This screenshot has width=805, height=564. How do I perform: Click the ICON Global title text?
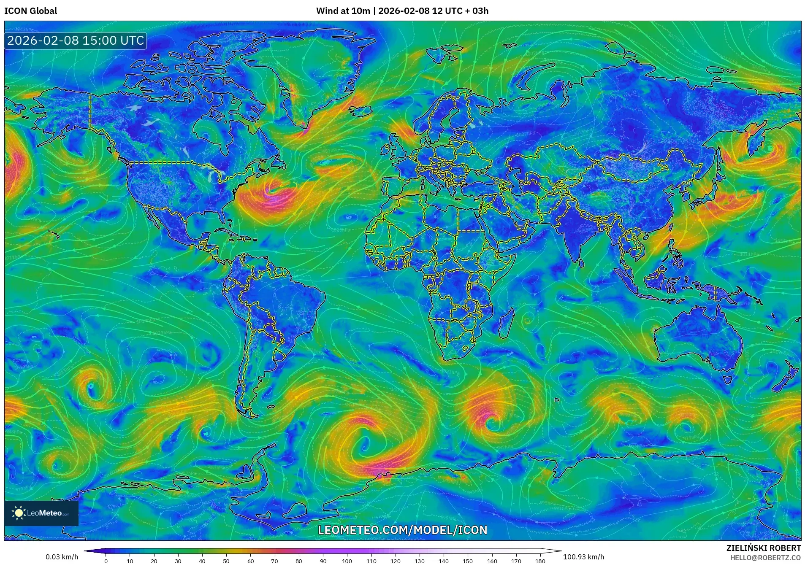click(x=30, y=11)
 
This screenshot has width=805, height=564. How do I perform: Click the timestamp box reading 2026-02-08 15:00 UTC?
click(x=76, y=40)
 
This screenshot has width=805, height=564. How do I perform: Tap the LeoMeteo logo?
click(x=41, y=513)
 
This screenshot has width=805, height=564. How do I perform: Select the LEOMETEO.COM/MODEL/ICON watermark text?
click(x=402, y=530)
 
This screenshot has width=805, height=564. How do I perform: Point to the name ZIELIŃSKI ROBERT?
click(x=763, y=548)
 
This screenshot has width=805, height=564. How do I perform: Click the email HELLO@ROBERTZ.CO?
click(x=765, y=558)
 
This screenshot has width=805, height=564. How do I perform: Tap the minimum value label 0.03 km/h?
click(x=62, y=557)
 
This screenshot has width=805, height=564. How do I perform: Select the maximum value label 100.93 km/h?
click(x=583, y=557)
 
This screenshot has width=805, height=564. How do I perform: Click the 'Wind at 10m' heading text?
click(x=343, y=11)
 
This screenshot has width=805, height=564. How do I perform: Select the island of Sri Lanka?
click(x=581, y=262)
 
